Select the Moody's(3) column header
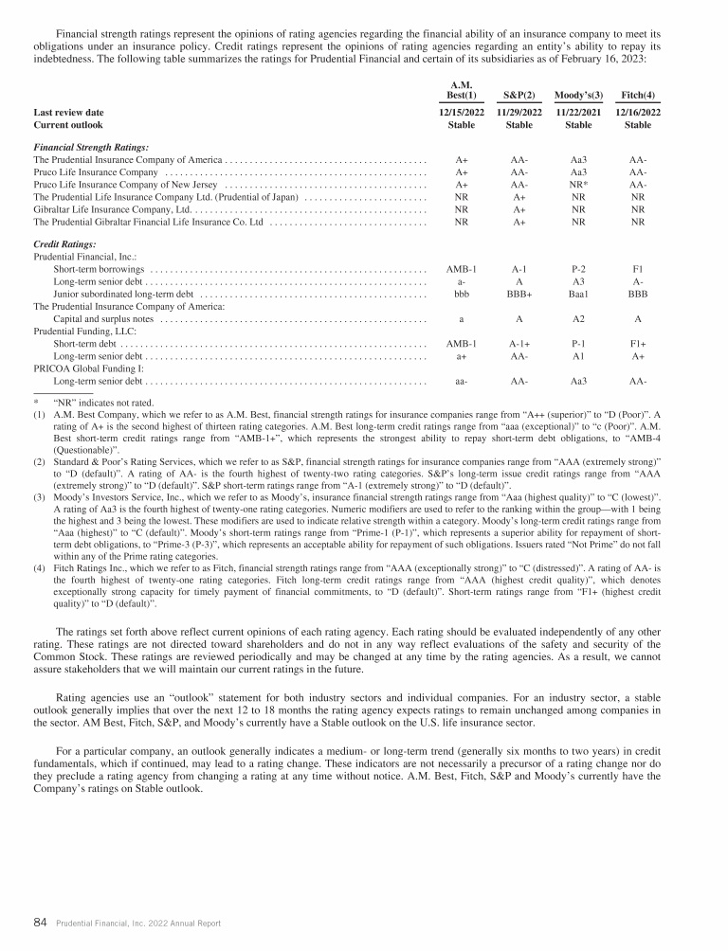pos(578,95)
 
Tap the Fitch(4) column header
pos(638,95)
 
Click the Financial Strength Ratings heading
pos(91,148)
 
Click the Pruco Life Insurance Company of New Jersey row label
pos(127,185)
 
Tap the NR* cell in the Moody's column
pos(578,185)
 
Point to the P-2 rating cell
pos(578,270)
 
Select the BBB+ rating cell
pos(519,295)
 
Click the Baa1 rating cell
pos(578,295)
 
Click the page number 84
pos(41,921)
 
